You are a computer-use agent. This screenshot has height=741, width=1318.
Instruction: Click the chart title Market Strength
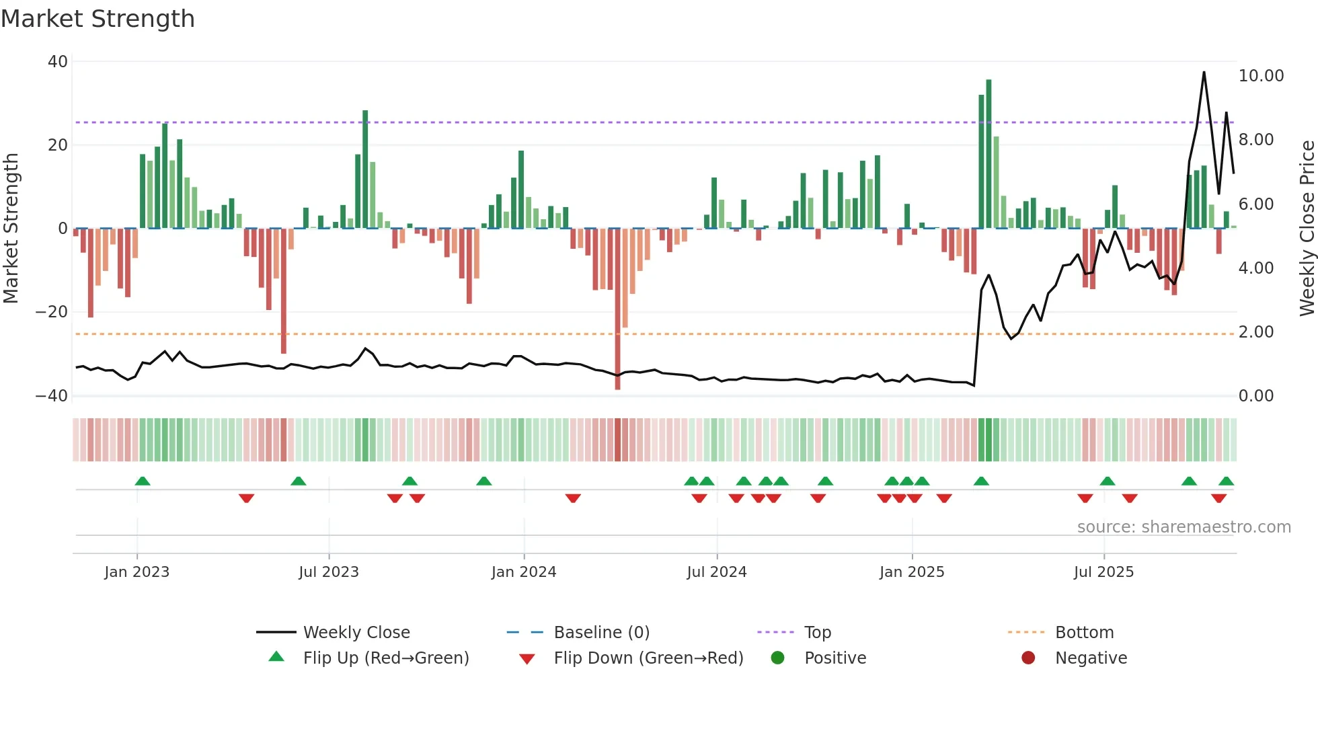tap(98, 19)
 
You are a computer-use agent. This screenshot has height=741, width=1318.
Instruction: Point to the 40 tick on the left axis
tap(58, 62)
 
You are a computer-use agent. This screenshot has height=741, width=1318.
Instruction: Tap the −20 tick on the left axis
tap(52, 312)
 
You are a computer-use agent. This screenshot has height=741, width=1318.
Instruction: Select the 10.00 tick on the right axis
tap(1261, 76)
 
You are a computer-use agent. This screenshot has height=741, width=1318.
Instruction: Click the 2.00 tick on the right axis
tap(1255, 332)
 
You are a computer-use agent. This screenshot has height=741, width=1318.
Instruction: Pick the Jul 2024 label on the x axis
tap(716, 572)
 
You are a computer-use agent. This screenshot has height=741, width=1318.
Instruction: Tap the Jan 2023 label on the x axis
tap(137, 572)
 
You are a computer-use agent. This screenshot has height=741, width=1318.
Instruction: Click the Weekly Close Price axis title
tap(1307, 228)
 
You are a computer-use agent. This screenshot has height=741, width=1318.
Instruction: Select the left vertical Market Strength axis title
tap(11, 228)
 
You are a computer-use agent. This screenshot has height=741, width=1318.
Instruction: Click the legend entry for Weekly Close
tap(356, 633)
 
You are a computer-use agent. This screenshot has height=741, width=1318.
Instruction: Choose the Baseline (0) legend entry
tap(601, 633)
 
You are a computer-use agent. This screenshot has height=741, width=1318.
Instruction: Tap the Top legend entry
tap(817, 633)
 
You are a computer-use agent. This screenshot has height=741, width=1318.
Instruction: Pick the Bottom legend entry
tap(1084, 633)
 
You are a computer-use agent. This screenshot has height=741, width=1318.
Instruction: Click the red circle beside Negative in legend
tap(1028, 658)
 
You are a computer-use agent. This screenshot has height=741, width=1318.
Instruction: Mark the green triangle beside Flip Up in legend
tap(276, 657)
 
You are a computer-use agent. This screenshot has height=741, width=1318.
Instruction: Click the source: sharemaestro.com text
tap(1184, 527)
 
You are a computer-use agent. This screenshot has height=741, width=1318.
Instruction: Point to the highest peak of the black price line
tap(1204, 73)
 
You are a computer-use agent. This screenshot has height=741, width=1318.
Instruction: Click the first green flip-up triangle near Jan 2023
tap(143, 481)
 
